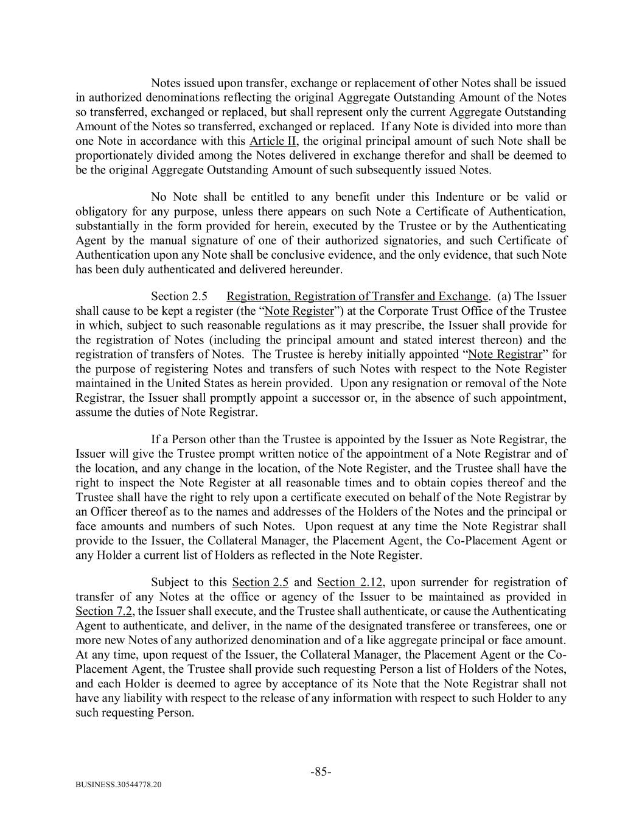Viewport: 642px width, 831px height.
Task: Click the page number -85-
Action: [x=321, y=772]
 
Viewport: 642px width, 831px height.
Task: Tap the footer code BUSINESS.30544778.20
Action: [x=119, y=785]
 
